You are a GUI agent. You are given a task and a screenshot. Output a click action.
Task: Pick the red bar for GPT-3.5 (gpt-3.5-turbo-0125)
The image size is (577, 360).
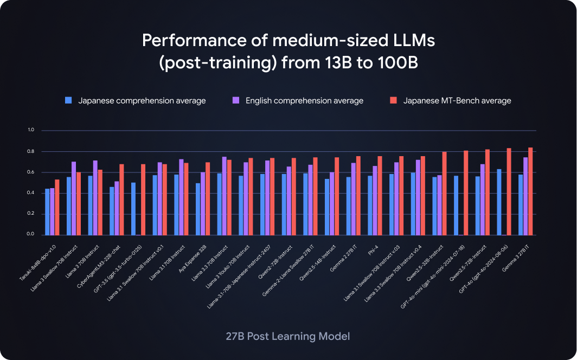[x=143, y=200]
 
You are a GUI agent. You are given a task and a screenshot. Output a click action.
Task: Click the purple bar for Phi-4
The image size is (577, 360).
[x=375, y=201]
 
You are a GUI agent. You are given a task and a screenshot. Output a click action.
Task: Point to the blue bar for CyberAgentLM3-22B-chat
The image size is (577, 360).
[x=112, y=211]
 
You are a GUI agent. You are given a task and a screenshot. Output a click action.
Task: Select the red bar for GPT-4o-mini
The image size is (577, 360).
[x=465, y=193]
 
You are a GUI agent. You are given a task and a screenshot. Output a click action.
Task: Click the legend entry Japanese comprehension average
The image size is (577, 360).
[x=142, y=100]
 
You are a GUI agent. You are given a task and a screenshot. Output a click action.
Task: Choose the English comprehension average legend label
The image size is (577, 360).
[x=304, y=100]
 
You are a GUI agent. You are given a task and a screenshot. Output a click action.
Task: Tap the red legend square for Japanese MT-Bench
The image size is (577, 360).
[x=394, y=100]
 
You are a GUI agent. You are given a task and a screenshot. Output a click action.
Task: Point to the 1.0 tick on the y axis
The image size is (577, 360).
[x=30, y=130]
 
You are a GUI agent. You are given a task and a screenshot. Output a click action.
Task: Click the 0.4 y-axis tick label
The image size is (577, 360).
[x=30, y=193]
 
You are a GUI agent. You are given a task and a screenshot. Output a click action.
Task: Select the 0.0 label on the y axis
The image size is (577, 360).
[x=30, y=235]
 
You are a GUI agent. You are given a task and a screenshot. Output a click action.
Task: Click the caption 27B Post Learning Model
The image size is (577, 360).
[x=288, y=336]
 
